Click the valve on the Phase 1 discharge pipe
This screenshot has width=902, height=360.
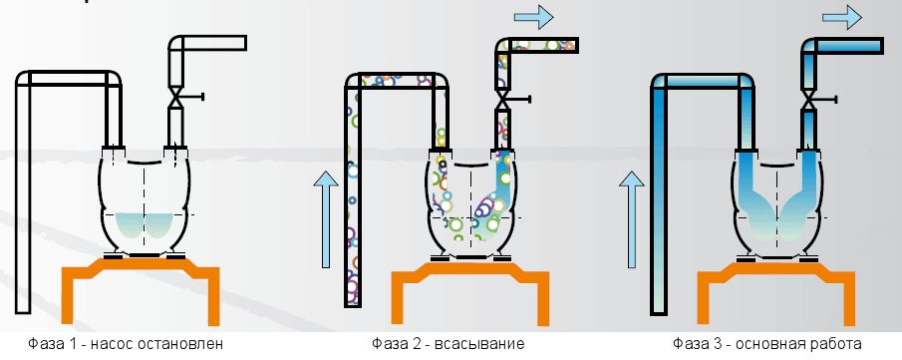click(175, 98)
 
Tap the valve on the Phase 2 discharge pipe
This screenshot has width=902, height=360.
click(503, 98)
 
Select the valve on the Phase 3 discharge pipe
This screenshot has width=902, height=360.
click(810, 98)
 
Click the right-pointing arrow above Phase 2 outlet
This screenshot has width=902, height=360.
click(533, 15)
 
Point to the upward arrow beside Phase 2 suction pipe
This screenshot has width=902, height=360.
click(324, 219)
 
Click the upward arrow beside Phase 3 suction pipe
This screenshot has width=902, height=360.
click(631, 219)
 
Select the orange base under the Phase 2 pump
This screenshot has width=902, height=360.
click(468, 274)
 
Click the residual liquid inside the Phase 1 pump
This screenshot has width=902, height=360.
click(145, 225)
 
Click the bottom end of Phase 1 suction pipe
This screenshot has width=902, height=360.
click(23, 309)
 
